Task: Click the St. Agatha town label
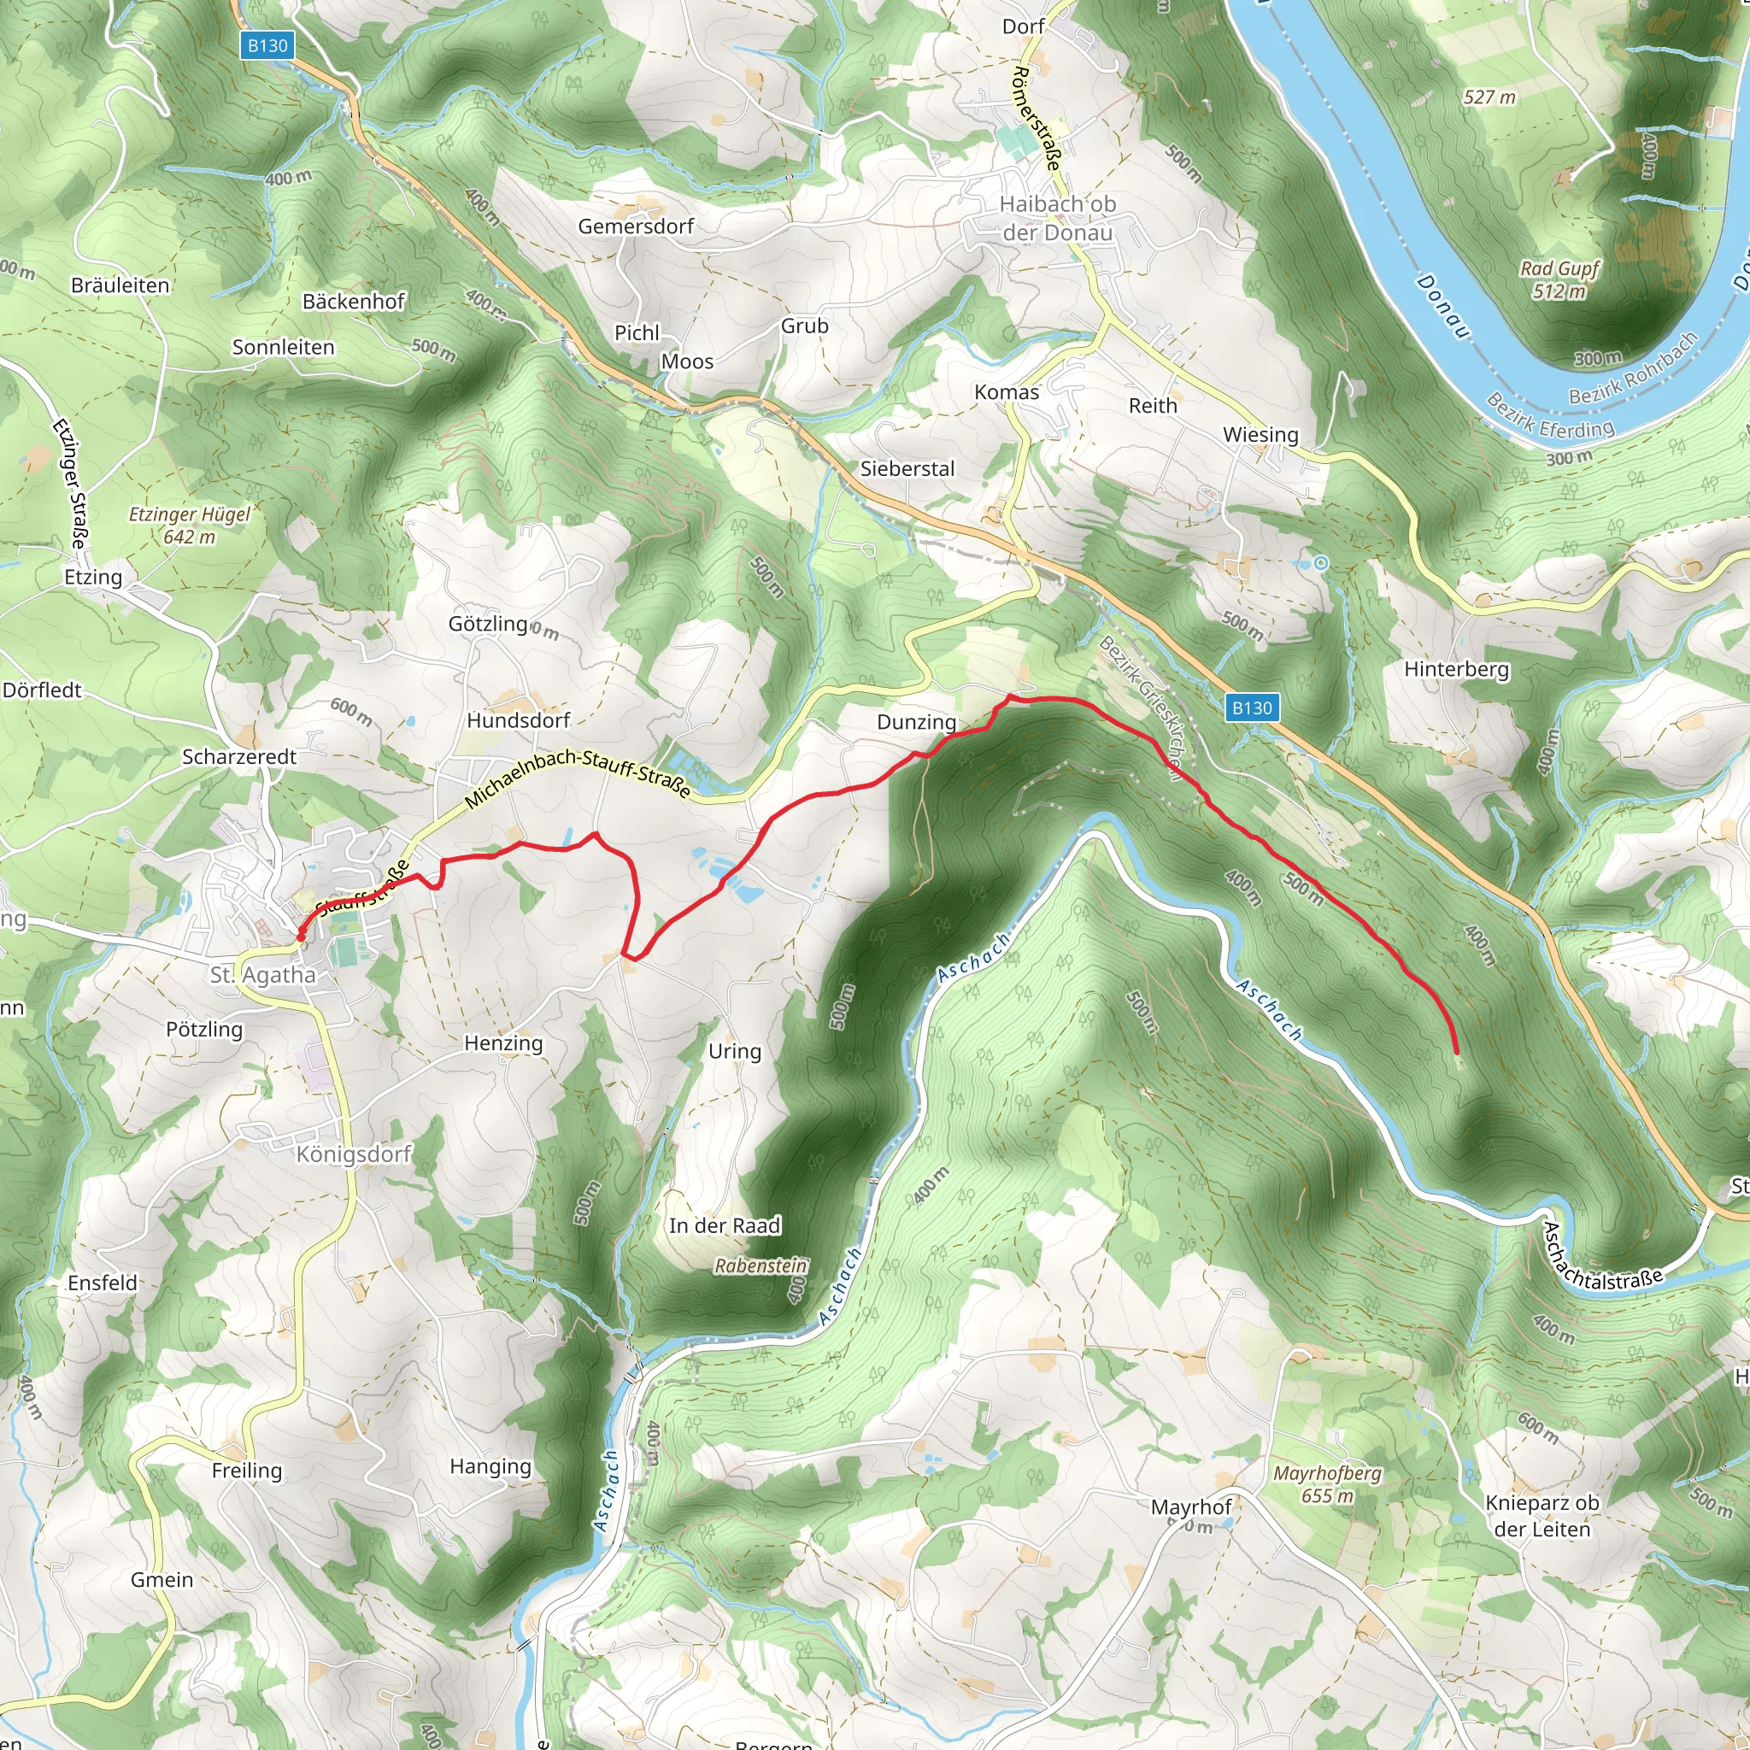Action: coord(262,976)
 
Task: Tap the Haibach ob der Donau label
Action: coord(1057,218)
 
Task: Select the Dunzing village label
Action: coord(916,722)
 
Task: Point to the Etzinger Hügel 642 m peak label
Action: coord(190,526)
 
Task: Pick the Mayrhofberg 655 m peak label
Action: coord(1327,1483)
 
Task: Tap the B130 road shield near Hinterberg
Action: coord(1252,708)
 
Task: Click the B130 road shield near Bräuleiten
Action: coord(268,45)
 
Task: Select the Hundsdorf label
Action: coord(518,720)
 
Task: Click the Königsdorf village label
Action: coord(354,1154)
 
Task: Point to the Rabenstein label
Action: coord(760,1266)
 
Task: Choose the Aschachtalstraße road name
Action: coord(1602,1258)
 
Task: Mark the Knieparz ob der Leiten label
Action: coord(1542,1515)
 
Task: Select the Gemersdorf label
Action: coord(636,226)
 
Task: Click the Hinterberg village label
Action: coord(1457,669)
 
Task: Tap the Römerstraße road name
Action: coord(1036,118)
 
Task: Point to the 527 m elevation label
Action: coord(1489,97)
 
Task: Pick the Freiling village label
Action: coord(246,1470)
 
